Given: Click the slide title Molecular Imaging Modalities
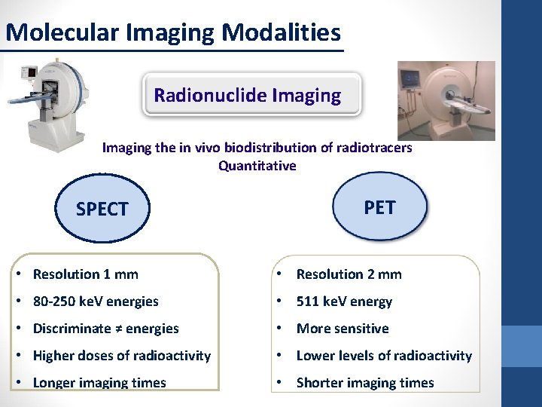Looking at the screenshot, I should coord(172,32).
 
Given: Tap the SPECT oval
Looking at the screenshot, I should coord(102,210).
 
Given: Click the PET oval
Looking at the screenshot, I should coord(379,207).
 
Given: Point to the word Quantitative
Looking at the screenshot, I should coord(257,166).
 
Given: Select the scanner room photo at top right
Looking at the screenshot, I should coord(446,100).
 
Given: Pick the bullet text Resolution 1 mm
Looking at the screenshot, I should coord(86,274).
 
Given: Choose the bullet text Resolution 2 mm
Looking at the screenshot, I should coord(349,274).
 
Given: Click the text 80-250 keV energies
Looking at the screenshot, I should coord(96,301).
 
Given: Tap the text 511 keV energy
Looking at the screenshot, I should coord(344,301).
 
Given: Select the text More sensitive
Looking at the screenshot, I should coord(343,329).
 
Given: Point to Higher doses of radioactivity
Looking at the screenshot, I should coord(122,356).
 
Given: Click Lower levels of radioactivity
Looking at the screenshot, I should coord(384,356).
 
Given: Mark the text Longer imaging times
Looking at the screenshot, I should coord(99,383).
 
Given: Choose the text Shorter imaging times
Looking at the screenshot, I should coord(365,383).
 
